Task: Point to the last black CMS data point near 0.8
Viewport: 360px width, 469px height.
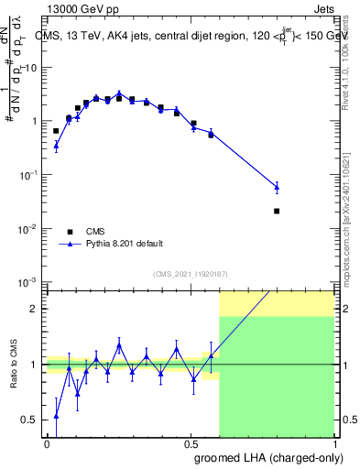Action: point(277,211)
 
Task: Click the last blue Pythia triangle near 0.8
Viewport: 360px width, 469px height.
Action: point(277,187)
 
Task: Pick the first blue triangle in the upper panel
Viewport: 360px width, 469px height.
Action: point(56,145)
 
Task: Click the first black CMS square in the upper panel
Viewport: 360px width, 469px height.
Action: point(56,131)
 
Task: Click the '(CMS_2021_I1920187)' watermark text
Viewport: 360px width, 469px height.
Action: point(191,273)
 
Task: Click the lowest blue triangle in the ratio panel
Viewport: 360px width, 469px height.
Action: point(56,416)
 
